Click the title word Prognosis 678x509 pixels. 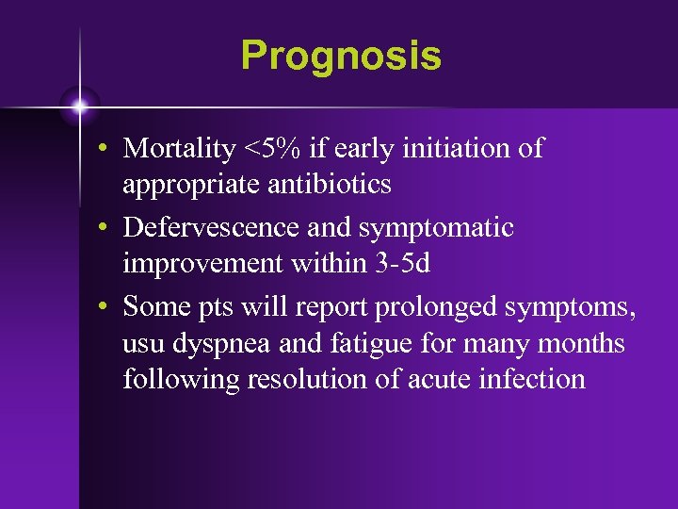tap(340, 56)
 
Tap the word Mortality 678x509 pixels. tap(180, 149)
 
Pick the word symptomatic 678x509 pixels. tap(436, 228)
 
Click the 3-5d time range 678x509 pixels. tap(401, 263)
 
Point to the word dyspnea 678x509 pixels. tap(229, 343)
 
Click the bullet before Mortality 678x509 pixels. tap(110, 150)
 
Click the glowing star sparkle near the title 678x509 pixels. tap(79, 107)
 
